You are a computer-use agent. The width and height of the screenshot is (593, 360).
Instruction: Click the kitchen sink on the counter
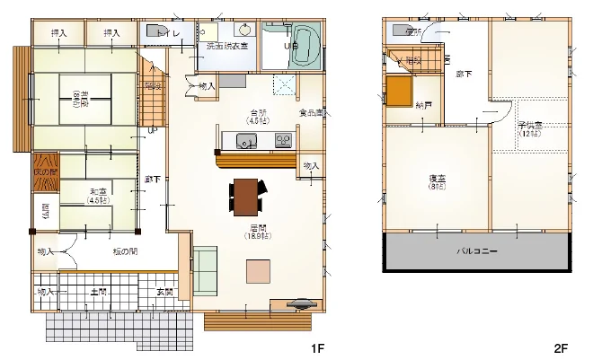click(244, 140)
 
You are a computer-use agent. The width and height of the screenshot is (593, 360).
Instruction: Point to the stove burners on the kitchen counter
click(282, 140)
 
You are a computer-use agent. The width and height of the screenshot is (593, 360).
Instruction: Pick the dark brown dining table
click(246, 197)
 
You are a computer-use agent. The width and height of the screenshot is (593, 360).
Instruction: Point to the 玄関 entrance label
click(165, 292)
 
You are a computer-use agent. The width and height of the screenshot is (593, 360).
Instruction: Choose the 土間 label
click(100, 292)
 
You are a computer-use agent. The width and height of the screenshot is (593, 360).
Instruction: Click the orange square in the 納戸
click(399, 91)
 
